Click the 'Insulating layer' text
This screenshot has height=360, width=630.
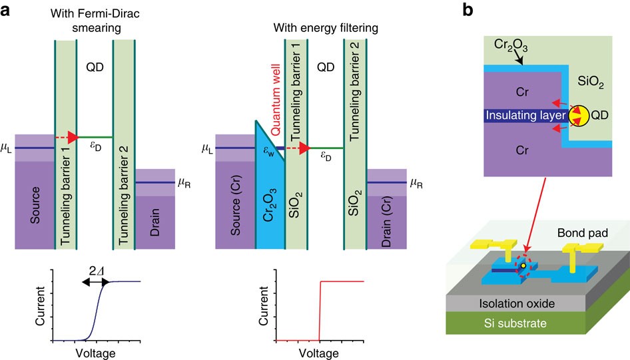tap(525, 116)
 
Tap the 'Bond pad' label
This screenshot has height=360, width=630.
tap(580, 234)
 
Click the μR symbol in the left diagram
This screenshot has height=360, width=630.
tap(184, 180)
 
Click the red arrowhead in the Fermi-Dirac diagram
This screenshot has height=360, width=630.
tap(73, 137)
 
